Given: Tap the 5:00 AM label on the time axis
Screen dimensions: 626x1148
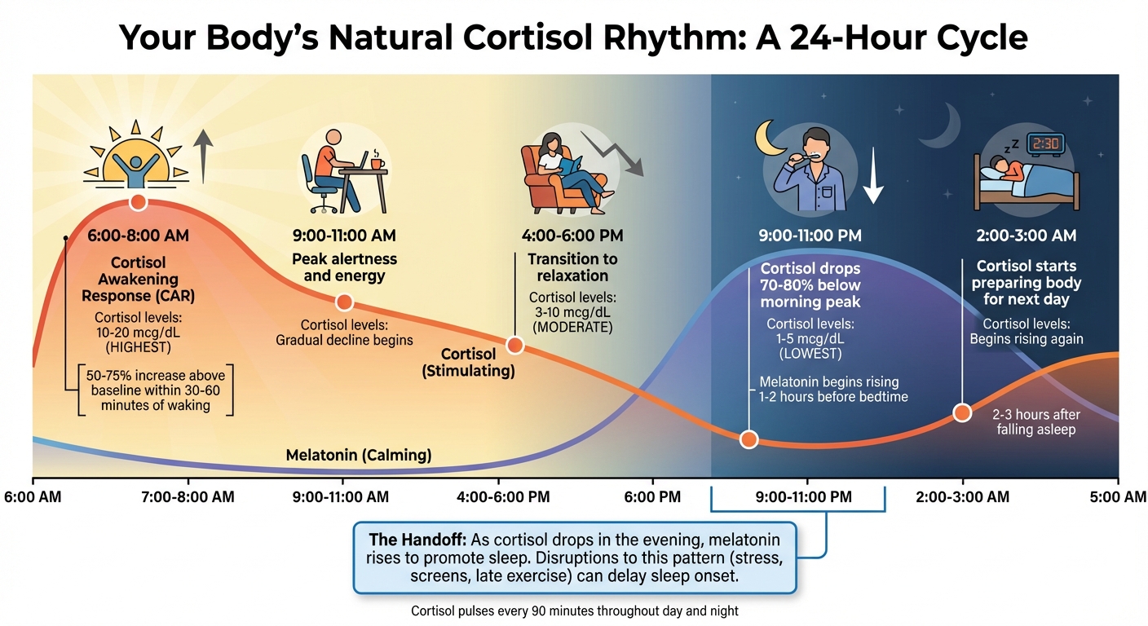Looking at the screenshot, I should (x=1118, y=496).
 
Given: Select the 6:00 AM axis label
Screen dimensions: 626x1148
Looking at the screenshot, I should (x=32, y=496).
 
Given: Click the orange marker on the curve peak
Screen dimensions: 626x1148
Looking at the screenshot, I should (x=138, y=201).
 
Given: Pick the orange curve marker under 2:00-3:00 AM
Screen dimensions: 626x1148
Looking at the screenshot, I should (x=962, y=412).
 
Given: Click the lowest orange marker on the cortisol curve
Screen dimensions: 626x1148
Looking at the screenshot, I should (x=748, y=439).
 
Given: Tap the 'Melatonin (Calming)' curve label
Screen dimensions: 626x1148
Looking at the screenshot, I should (x=359, y=455).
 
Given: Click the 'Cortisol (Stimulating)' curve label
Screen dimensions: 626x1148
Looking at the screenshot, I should (x=467, y=363).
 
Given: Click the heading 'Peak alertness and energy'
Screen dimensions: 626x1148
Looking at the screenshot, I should (x=344, y=267).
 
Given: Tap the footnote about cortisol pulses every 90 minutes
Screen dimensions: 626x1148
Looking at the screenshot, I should (x=574, y=610).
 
